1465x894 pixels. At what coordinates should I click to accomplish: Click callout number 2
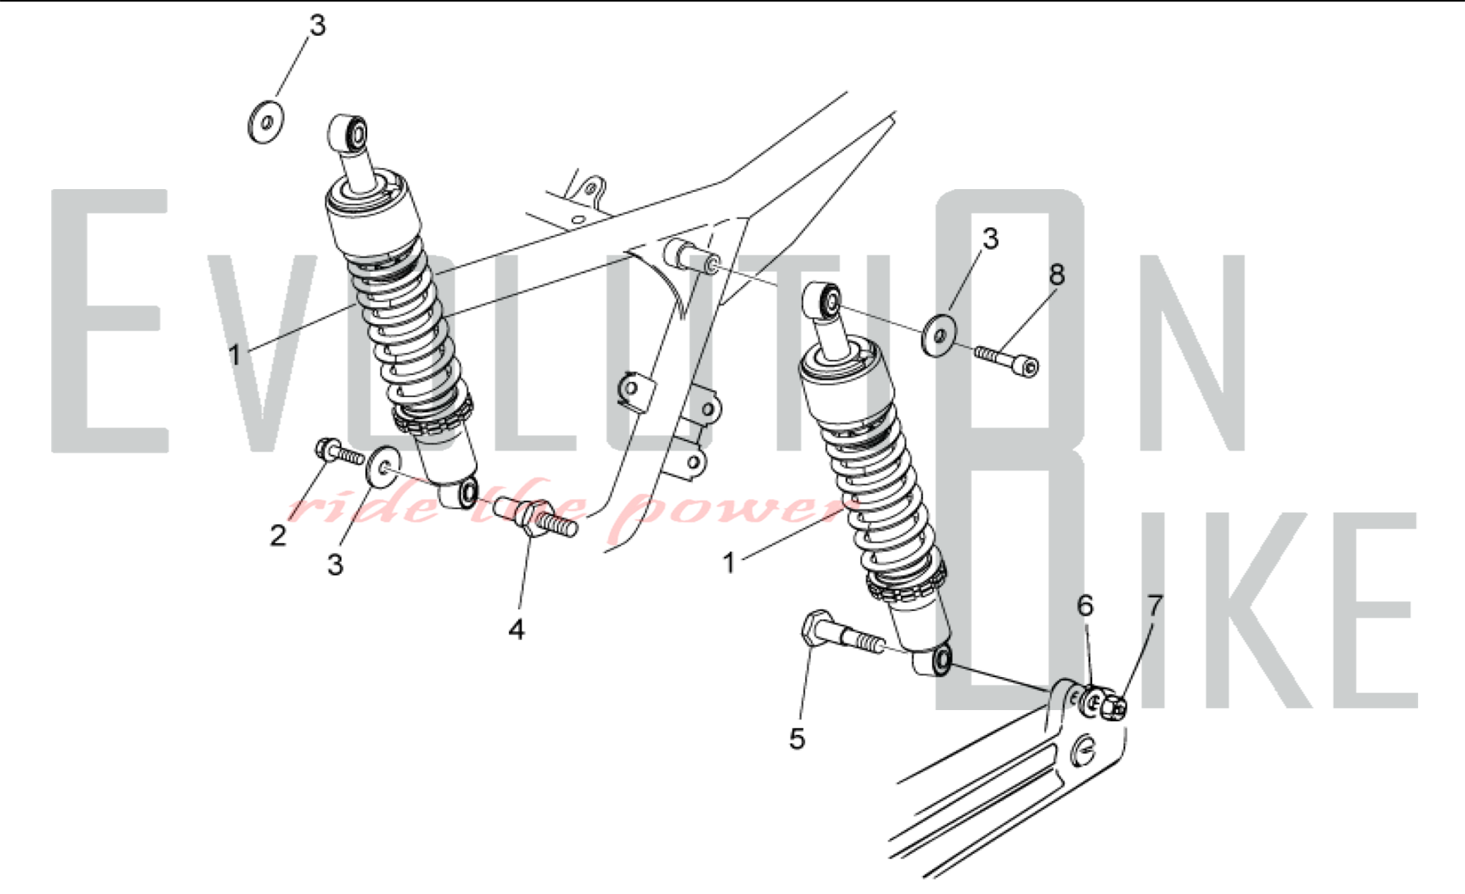pyautogui.click(x=278, y=536)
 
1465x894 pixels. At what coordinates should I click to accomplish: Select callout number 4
pyautogui.click(x=517, y=629)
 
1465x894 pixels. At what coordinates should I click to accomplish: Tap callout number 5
pyautogui.click(x=797, y=739)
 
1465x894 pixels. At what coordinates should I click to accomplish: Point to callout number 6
pyautogui.click(x=1086, y=605)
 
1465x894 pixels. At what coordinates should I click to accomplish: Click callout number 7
pyautogui.click(x=1155, y=605)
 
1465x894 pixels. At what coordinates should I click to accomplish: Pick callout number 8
pyautogui.click(x=1056, y=275)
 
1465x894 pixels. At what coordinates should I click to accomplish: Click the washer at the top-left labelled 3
pyautogui.click(x=267, y=122)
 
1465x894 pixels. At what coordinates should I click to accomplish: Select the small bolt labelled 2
pyautogui.click(x=338, y=453)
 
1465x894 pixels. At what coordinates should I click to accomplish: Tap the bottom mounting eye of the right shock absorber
pyautogui.click(x=932, y=661)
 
